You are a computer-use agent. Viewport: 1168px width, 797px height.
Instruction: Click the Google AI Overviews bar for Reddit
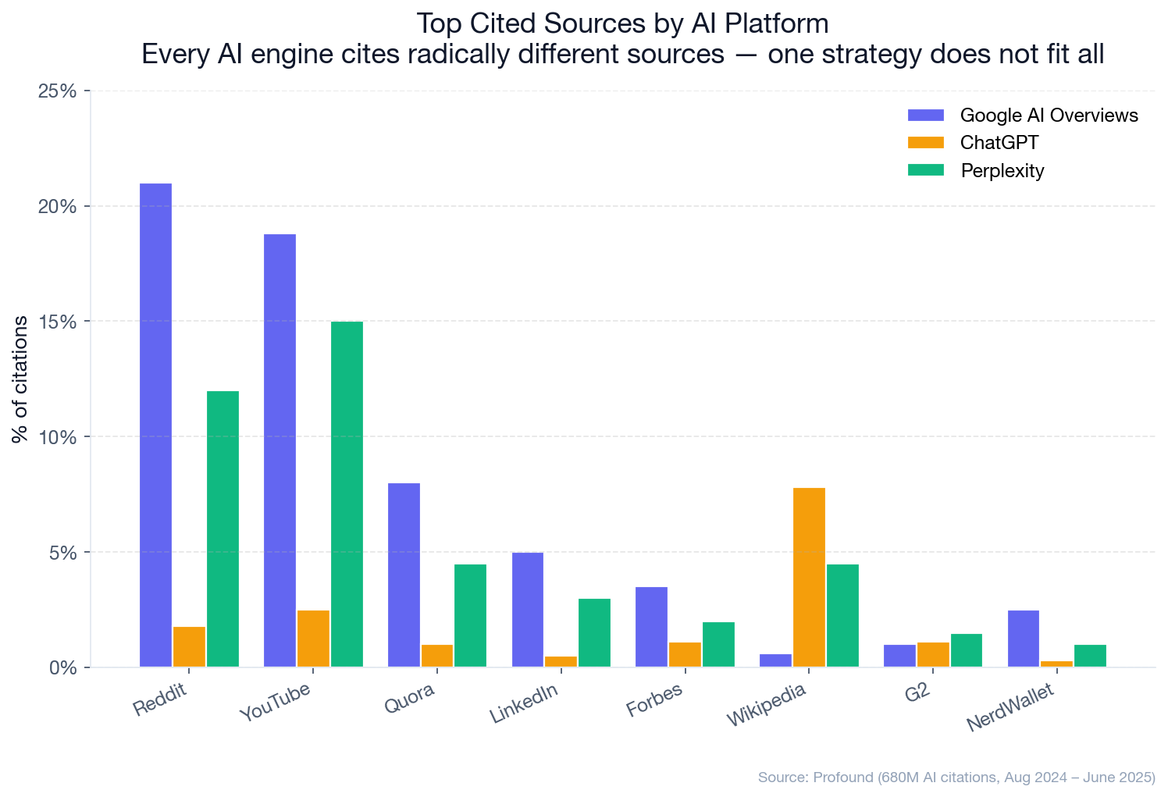[x=156, y=425]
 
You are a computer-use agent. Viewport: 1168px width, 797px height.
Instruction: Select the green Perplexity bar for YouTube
[x=347, y=494]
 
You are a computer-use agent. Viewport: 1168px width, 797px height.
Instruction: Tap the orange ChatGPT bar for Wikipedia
[x=809, y=578]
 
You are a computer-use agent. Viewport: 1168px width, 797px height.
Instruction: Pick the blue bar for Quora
[x=404, y=575]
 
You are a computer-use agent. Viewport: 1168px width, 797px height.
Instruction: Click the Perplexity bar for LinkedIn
[x=594, y=633]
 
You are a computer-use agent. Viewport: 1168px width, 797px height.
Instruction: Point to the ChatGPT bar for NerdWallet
[x=1056, y=664]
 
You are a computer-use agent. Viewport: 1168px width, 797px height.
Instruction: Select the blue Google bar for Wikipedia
[x=775, y=660]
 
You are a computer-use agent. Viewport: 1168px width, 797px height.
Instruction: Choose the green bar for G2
[x=966, y=650]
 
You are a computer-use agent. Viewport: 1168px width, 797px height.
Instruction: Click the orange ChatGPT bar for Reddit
[x=189, y=647]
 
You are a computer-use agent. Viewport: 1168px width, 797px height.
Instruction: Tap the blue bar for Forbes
[x=651, y=627]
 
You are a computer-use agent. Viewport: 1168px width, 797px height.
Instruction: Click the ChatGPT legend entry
[x=999, y=143]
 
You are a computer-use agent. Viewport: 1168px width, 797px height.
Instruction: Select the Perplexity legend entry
[x=1002, y=171]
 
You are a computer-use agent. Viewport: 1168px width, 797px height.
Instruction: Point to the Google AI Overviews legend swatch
[x=926, y=116]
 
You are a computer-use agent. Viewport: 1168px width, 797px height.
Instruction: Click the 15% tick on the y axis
[x=58, y=322]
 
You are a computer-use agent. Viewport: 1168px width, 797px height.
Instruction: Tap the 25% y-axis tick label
[x=58, y=91]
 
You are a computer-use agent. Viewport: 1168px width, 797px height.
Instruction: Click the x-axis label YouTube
[x=275, y=702]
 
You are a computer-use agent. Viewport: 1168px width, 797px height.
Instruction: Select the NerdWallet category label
[x=1010, y=708]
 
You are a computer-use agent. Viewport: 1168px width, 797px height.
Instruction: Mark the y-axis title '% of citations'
[x=21, y=379]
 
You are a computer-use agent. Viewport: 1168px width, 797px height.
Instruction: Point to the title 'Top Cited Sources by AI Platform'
[x=622, y=23]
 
